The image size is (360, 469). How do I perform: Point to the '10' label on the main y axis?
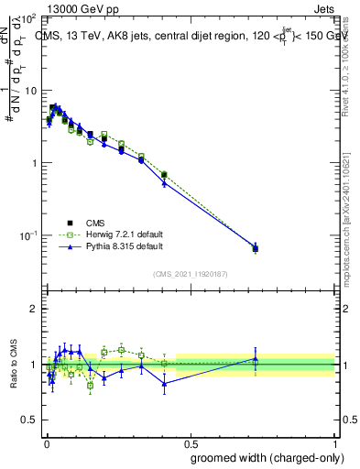click(x=30, y=92)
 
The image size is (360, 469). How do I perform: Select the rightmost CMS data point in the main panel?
click(x=256, y=248)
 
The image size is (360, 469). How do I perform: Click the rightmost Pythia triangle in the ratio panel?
click(x=256, y=359)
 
